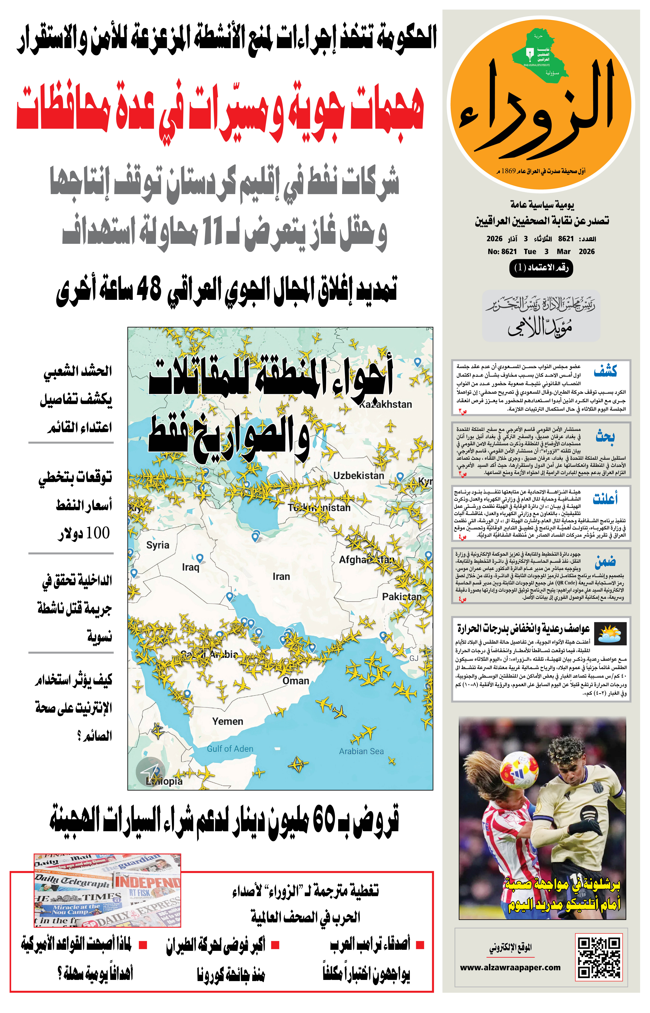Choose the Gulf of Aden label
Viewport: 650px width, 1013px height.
tap(230, 748)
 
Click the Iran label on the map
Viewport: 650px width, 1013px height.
tap(281, 576)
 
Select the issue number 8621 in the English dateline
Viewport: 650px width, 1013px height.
tap(509, 251)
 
